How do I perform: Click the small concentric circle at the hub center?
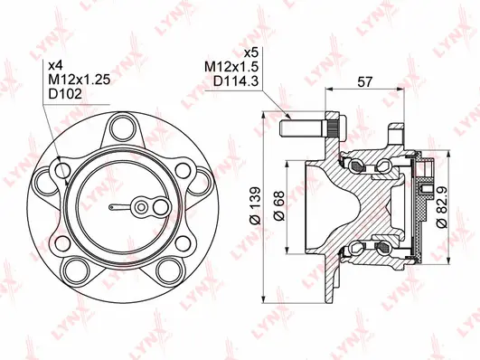[141, 207]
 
